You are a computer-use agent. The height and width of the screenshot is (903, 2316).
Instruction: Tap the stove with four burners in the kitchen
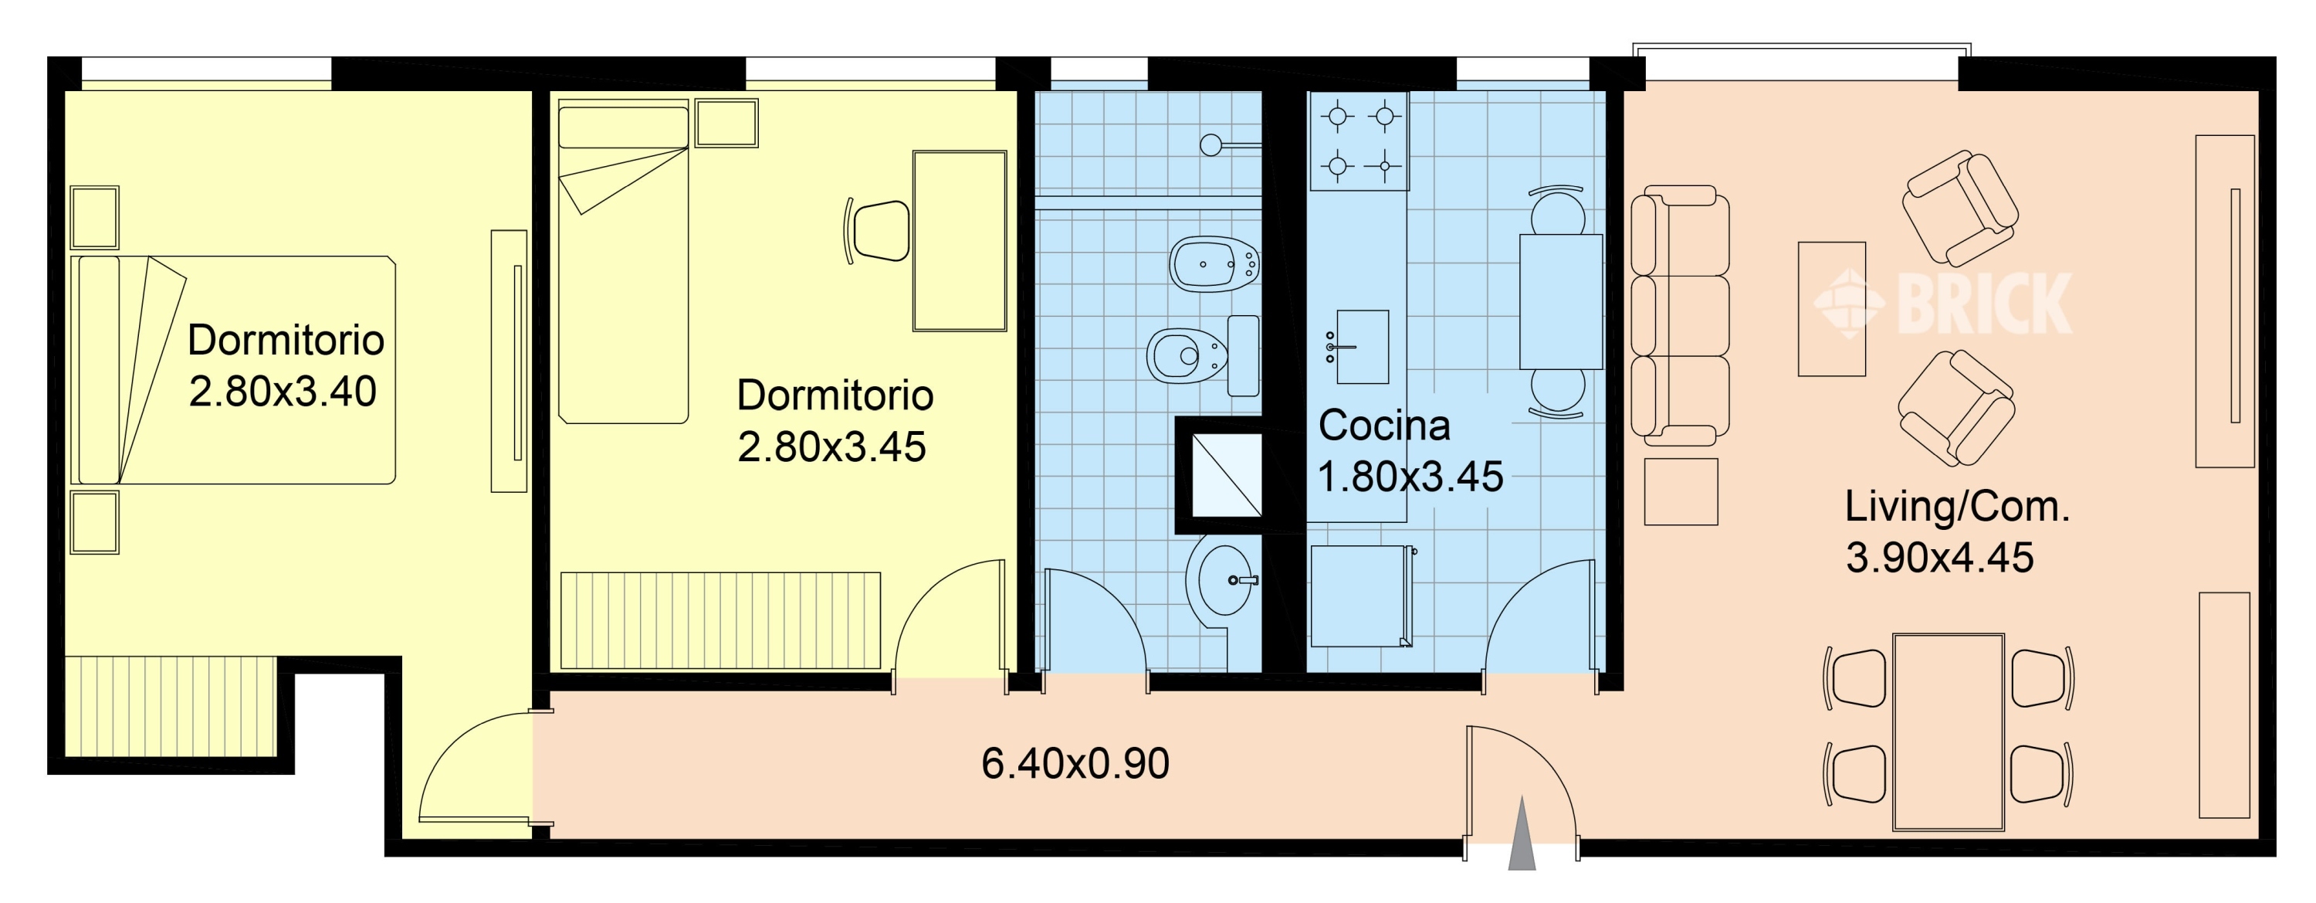click(x=1359, y=141)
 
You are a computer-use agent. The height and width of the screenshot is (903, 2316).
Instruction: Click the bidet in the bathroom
click(x=1214, y=264)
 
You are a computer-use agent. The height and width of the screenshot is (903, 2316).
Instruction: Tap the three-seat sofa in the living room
click(x=1679, y=316)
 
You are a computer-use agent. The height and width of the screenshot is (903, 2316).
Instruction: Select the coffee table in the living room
click(x=1831, y=308)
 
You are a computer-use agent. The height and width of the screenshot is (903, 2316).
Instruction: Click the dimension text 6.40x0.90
click(x=1075, y=764)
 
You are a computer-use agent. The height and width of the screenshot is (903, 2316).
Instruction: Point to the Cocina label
click(x=1383, y=426)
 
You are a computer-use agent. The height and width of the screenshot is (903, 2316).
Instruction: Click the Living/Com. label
click(x=1957, y=507)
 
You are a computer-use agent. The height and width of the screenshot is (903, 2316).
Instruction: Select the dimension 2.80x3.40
click(x=283, y=391)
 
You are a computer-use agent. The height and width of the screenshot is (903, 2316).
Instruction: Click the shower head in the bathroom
click(x=1212, y=144)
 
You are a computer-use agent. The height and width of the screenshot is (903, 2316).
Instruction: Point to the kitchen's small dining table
click(x=1561, y=301)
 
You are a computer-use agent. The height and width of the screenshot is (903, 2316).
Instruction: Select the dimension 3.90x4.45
click(x=1939, y=558)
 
